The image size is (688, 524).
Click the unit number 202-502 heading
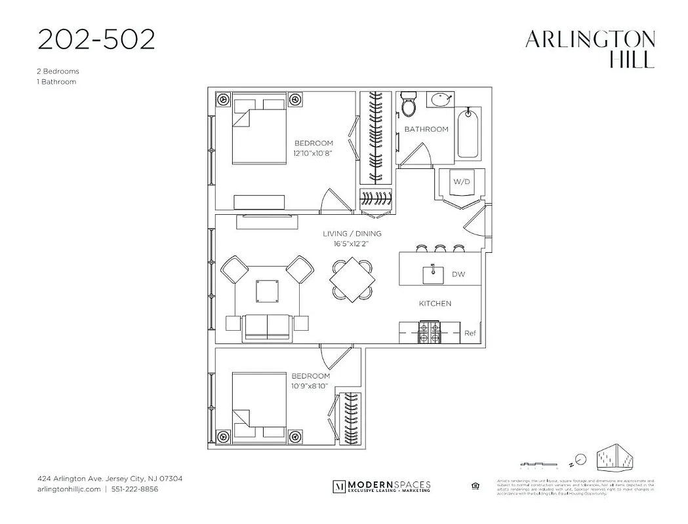click(x=96, y=39)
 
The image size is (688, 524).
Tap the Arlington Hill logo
click(x=590, y=50)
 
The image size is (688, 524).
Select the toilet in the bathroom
click(x=409, y=105)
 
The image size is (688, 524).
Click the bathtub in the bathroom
click(x=468, y=134)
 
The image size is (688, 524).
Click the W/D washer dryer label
click(x=462, y=181)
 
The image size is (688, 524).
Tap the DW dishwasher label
click(x=458, y=274)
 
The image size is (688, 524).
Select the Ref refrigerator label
click(x=470, y=333)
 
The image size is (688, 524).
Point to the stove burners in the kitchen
click(x=430, y=331)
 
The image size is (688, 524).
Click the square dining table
click(x=352, y=278)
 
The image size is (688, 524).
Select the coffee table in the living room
click(x=268, y=290)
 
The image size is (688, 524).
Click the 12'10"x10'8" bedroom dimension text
click(x=313, y=153)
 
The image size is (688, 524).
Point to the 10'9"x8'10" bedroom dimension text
click(x=310, y=386)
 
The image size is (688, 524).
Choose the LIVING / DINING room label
click(x=352, y=234)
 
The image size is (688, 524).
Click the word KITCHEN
click(x=435, y=303)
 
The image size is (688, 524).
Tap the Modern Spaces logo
click(x=382, y=486)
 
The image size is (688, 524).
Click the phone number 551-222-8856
click(x=134, y=489)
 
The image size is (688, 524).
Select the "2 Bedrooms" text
click(x=58, y=71)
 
